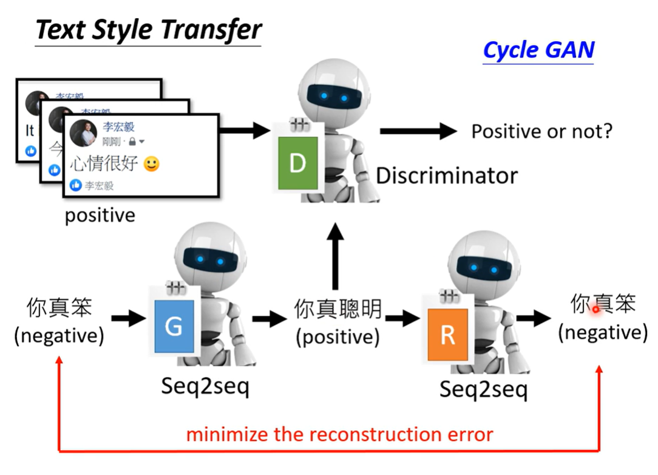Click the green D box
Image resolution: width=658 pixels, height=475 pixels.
coord(297,162)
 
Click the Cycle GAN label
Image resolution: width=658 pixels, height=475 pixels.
coord(538,50)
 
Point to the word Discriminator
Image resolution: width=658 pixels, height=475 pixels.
coord(447,176)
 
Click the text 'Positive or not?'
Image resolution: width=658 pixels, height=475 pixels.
coord(542,131)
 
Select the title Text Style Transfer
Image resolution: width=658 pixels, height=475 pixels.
coord(149,30)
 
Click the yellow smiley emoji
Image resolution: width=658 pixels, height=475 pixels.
coord(151,163)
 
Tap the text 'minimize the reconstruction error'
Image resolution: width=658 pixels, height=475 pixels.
coord(339,434)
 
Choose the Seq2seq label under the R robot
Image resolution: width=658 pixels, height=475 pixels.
coord(483,389)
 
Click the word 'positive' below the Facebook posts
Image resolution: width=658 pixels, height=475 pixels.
coord(100,215)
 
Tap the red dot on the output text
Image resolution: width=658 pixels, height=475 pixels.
coord(595,309)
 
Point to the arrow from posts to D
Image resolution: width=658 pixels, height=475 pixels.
coord(244,129)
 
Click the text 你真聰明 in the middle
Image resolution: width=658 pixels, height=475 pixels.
coord(337,309)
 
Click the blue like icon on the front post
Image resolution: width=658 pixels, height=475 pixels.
coord(76,185)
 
